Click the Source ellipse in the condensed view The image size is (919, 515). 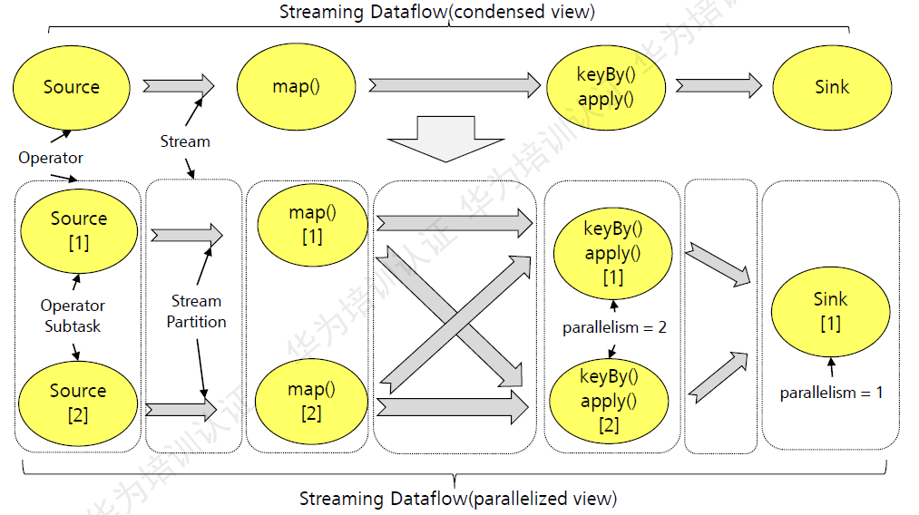coord(71,87)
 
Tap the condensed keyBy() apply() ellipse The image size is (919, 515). coord(606,87)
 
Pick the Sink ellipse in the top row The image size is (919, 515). coord(831,87)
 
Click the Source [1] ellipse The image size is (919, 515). coord(79,230)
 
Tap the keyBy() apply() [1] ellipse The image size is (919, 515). coord(612,252)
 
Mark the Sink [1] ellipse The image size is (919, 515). coord(830,310)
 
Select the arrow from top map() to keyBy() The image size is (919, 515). coord(454,85)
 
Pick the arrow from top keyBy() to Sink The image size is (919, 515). coord(718,85)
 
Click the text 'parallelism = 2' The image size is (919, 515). coord(614,327)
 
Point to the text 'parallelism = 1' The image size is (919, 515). coord(831,393)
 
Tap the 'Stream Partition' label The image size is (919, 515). coord(196,311)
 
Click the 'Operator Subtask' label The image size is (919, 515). coord(73,316)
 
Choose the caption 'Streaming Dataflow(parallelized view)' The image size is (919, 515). coord(458,499)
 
